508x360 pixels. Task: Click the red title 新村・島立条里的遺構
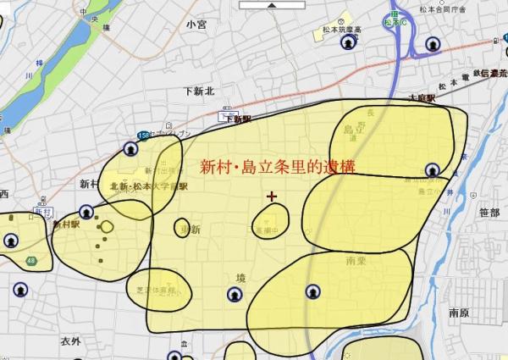[276, 167]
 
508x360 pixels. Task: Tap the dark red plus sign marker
[272, 197]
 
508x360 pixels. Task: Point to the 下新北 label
[200, 91]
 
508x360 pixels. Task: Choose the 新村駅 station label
[65, 225]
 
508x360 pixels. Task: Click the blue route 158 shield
[141, 136]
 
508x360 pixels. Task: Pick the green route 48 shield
[31, 259]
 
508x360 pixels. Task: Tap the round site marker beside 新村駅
[86, 212]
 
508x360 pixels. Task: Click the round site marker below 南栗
[312, 291]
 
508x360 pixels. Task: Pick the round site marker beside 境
[233, 295]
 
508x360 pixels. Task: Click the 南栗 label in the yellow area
[356, 263]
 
